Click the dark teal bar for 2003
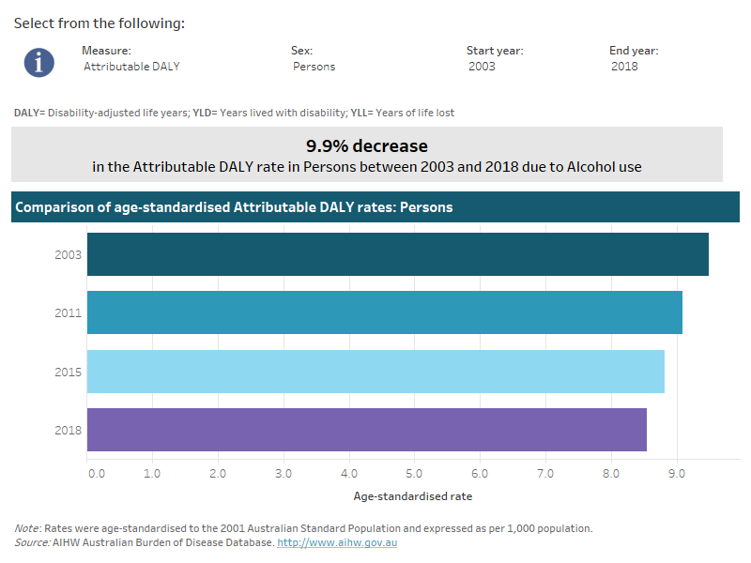(x=397, y=254)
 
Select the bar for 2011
(x=385, y=312)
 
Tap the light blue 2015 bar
(x=375, y=372)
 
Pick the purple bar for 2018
(x=367, y=430)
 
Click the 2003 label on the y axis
(x=69, y=254)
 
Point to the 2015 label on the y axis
(x=69, y=372)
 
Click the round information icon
(x=39, y=61)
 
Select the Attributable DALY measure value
(x=131, y=67)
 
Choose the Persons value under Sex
(x=314, y=67)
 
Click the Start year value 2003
(x=483, y=67)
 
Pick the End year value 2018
(x=624, y=67)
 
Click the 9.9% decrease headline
(x=366, y=146)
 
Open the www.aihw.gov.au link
(x=337, y=542)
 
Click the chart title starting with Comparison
(x=234, y=207)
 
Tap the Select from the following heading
(x=99, y=23)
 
